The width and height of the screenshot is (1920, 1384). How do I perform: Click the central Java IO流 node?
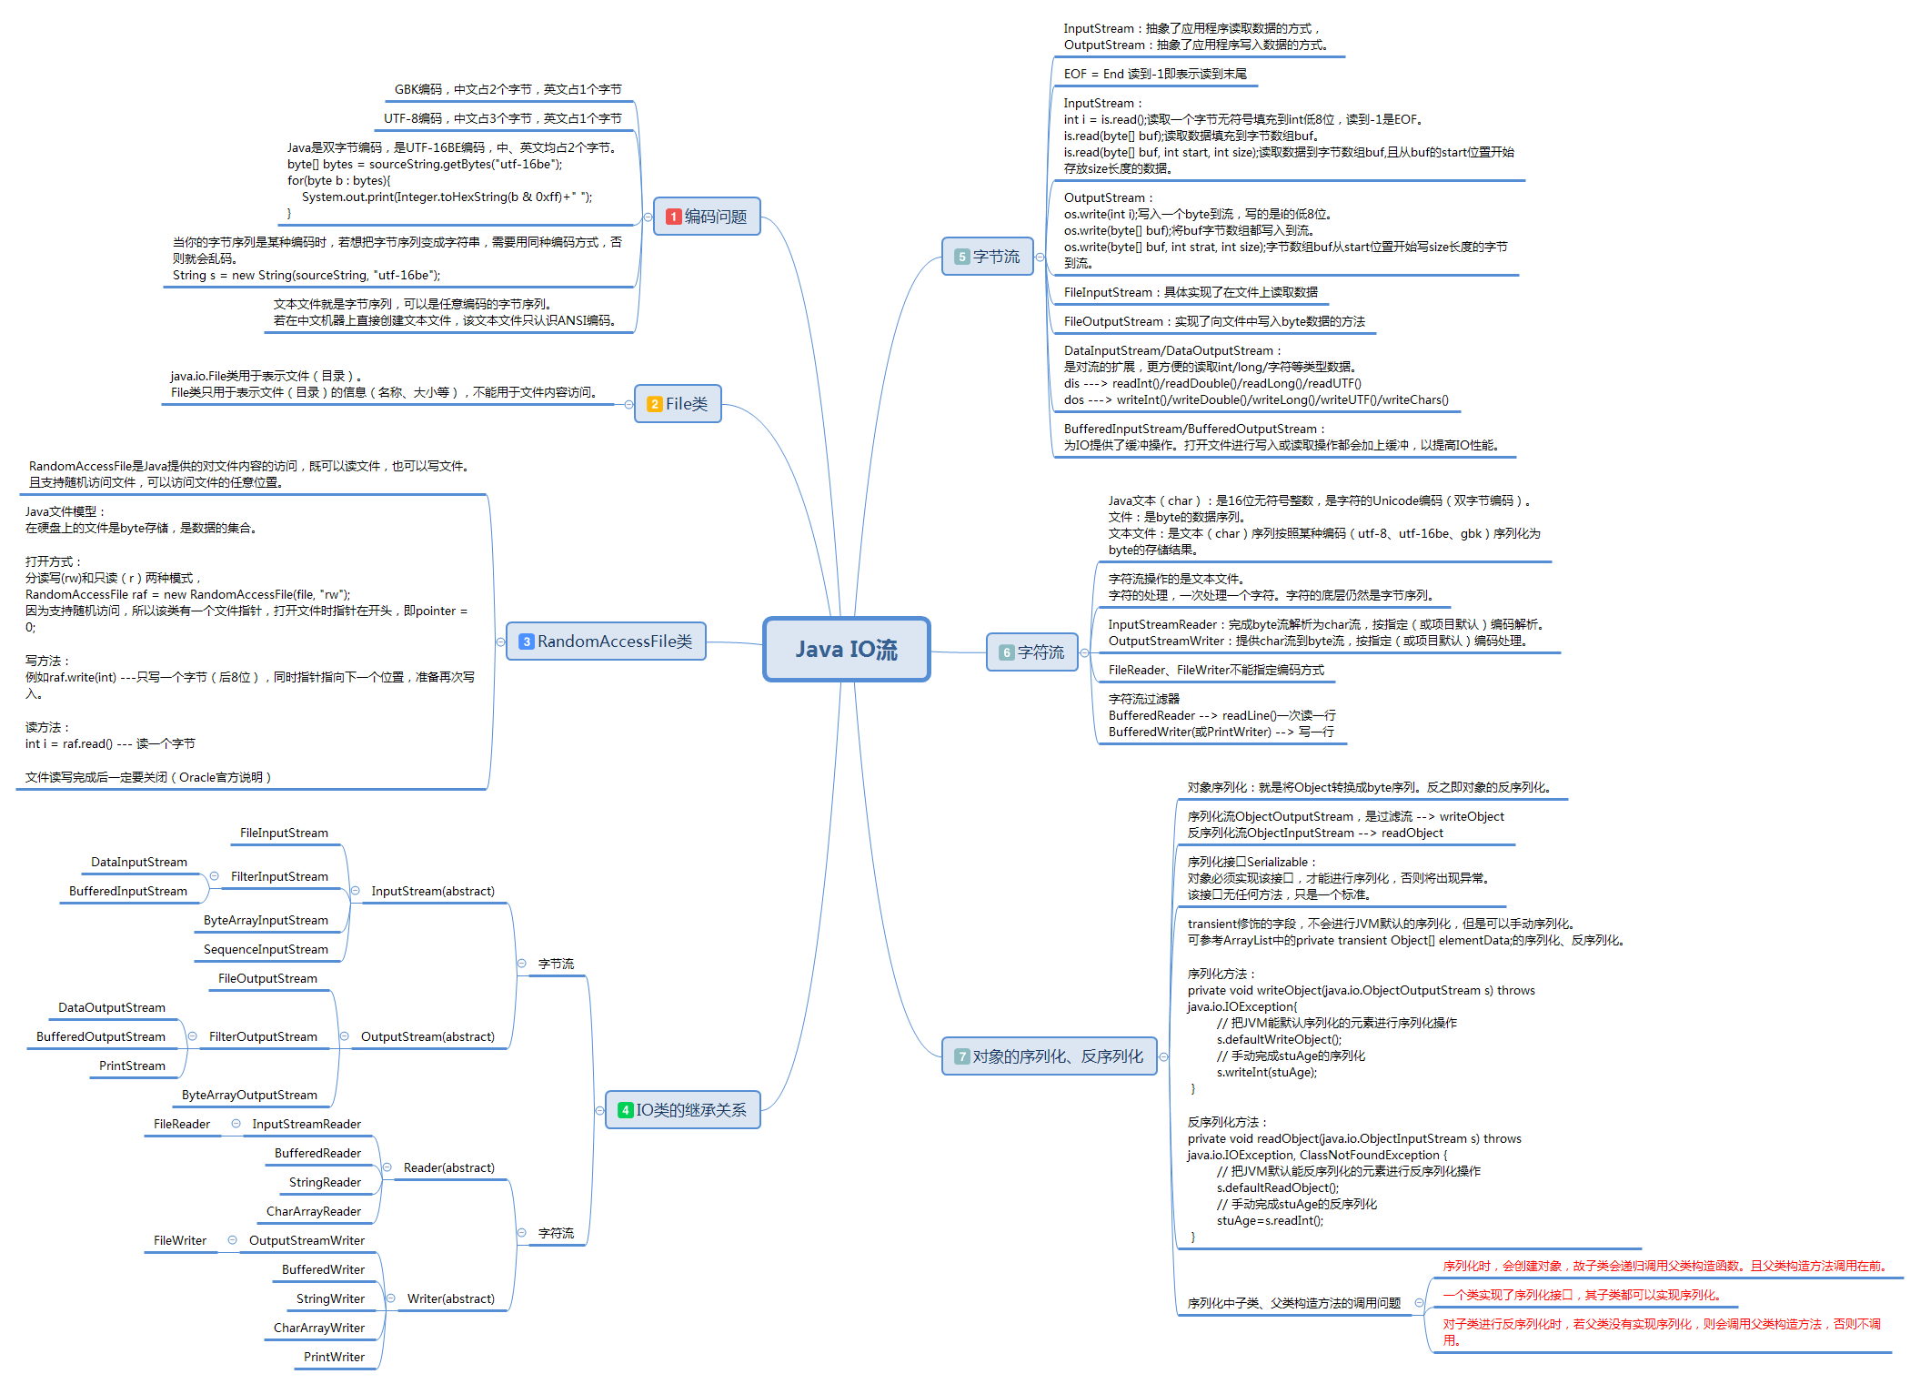[846, 649]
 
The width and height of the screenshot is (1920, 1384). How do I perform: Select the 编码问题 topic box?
[707, 217]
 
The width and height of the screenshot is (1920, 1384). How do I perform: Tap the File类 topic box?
[678, 404]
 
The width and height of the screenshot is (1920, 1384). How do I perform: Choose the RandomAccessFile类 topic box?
[606, 641]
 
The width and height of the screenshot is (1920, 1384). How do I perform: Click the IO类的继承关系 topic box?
[683, 1110]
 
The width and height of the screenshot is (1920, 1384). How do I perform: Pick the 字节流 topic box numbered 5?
[988, 257]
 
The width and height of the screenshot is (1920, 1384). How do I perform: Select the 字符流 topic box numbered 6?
[1032, 652]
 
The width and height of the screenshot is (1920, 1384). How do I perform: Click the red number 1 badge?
[674, 217]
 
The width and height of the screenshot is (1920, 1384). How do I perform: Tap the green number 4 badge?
[625, 1110]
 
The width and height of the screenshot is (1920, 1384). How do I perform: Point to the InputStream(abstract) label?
[433, 891]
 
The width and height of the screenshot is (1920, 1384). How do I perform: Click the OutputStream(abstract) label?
[427, 1036]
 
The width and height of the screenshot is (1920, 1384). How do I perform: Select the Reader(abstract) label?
[449, 1167]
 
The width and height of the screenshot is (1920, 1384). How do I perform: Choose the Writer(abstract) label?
[451, 1298]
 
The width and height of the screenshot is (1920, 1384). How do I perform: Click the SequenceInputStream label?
[266, 949]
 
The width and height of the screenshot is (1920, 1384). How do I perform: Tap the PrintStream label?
[133, 1066]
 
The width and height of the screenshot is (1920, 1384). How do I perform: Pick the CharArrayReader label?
[314, 1211]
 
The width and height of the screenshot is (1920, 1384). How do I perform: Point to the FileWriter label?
[180, 1240]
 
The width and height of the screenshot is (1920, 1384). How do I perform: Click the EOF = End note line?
[1155, 74]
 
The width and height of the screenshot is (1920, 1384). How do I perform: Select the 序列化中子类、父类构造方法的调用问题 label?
[1293, 1303]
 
